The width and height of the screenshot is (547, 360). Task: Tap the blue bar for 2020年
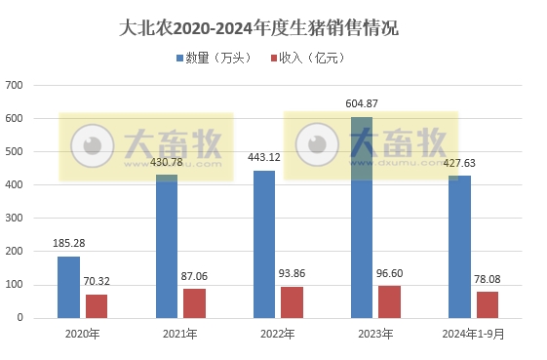coord(68,287)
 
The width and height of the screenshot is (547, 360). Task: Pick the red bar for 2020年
coord(97,305)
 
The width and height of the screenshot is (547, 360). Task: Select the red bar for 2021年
coord(194,302)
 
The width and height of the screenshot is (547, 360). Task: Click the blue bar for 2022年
coord(263,244)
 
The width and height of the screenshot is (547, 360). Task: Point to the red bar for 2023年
coord(389,301)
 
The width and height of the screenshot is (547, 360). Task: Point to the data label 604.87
coord(362,103)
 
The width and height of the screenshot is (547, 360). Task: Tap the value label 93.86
coord(293,275)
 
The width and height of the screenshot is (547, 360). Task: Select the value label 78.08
coord(488,280)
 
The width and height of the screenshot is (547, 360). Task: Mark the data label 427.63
coord(458,164)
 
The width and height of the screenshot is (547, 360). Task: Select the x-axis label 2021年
coord(180,335)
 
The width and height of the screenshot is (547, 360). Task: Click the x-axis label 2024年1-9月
coord(473,335)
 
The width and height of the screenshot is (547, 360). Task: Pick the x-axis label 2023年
coord(375,335)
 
